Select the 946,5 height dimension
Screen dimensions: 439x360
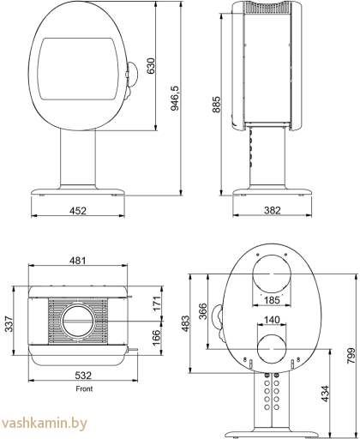pyautogui.click(x=174, y=99)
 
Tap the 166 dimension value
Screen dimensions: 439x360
pyautogui.click(x=154, y=338)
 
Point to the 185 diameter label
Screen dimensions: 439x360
pyautogui.click(x=271, y=301)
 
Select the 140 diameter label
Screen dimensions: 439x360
pyautogui.click(x=271, y=320)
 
